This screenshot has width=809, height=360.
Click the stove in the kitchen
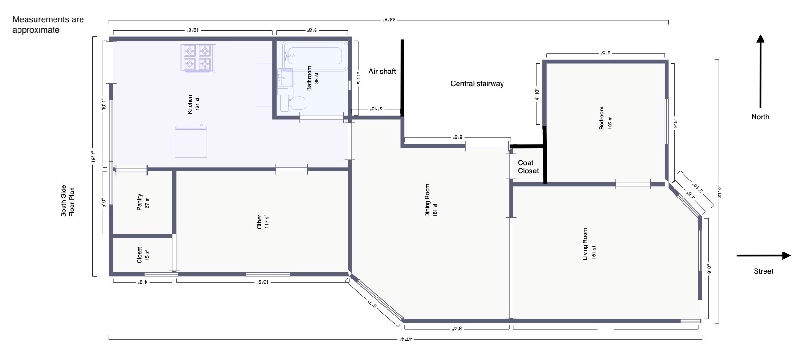click(198, 58)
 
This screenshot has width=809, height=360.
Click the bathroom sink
click(285, 78)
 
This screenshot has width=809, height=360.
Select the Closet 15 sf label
click(143, 255)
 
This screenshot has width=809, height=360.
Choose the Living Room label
click(589, 244)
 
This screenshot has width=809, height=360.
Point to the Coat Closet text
click(528, 167)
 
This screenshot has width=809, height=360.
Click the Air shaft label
click(382, 72)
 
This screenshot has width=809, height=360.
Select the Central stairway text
click(476, 84)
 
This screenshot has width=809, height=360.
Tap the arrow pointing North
click(760, 71)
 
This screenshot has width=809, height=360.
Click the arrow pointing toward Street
click(763, 256)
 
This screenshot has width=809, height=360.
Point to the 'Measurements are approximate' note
click(48, 25)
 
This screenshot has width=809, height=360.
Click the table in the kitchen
click(191, 142)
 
